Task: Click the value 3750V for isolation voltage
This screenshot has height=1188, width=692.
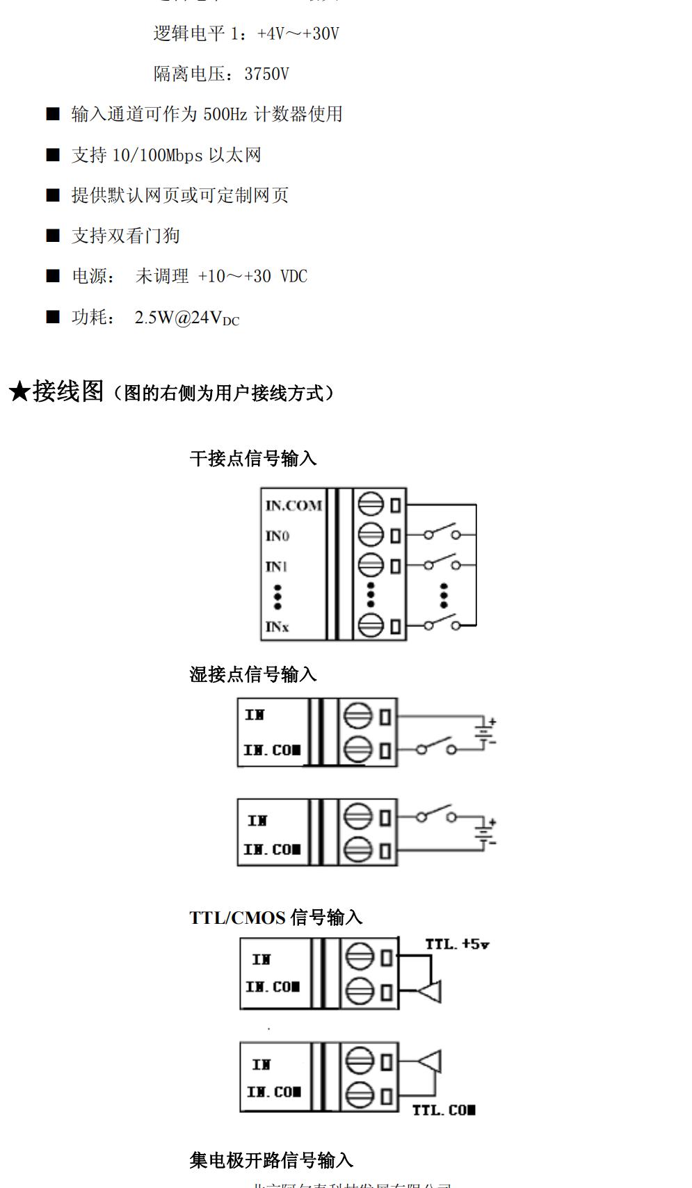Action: click(266, 74)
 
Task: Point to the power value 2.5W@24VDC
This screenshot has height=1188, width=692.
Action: click(186, 318)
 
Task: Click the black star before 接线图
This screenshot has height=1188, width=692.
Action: click(19, 391)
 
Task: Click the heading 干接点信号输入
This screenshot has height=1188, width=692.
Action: click(253, 458)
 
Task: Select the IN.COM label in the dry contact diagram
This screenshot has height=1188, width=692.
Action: click(293, 505)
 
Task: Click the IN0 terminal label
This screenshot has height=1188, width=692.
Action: click(277, 536)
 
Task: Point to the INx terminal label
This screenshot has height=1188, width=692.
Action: click(277, 626)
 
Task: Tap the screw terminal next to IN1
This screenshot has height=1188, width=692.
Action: click(371, 564)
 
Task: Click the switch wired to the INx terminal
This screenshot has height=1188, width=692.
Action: click(442, 623)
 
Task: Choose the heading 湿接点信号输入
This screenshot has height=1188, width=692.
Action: click(253, 674)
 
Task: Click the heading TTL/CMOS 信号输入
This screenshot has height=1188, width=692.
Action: click(275, 917)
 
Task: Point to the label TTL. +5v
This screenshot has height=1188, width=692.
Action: click(457, 944)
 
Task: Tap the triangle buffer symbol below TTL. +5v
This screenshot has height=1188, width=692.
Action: click(431, 991)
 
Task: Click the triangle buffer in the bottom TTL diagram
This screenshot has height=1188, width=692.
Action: click(431, 1061)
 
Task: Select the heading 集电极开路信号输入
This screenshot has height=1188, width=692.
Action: click(271, 1159)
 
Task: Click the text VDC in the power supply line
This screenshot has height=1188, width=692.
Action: click(293, 276)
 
